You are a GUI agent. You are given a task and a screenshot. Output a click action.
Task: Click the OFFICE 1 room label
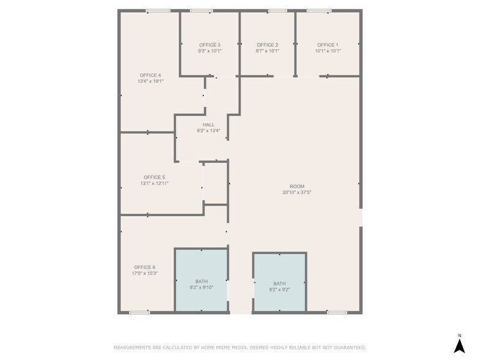[327, 45]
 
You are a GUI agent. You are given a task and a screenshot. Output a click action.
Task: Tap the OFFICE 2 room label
[268, 45]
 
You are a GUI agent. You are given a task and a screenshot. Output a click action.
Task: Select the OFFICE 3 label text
[209, 45]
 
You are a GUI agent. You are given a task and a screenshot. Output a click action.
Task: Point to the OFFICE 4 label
[150, 75]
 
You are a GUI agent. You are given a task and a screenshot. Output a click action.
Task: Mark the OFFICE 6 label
[144, 267]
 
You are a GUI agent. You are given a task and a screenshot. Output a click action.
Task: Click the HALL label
[209, 124]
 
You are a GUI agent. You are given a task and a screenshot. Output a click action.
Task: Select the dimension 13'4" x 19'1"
[150, 81]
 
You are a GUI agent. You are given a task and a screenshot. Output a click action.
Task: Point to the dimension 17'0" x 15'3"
[144, 273]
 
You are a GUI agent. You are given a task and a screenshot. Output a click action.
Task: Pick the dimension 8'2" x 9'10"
[201, 287]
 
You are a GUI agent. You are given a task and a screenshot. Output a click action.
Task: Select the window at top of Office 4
[158, 10]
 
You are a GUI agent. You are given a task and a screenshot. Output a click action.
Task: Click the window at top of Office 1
[318, 10]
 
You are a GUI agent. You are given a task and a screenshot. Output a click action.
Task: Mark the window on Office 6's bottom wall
[139, 312]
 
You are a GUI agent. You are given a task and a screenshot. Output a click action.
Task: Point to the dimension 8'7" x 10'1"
[268, 51]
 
